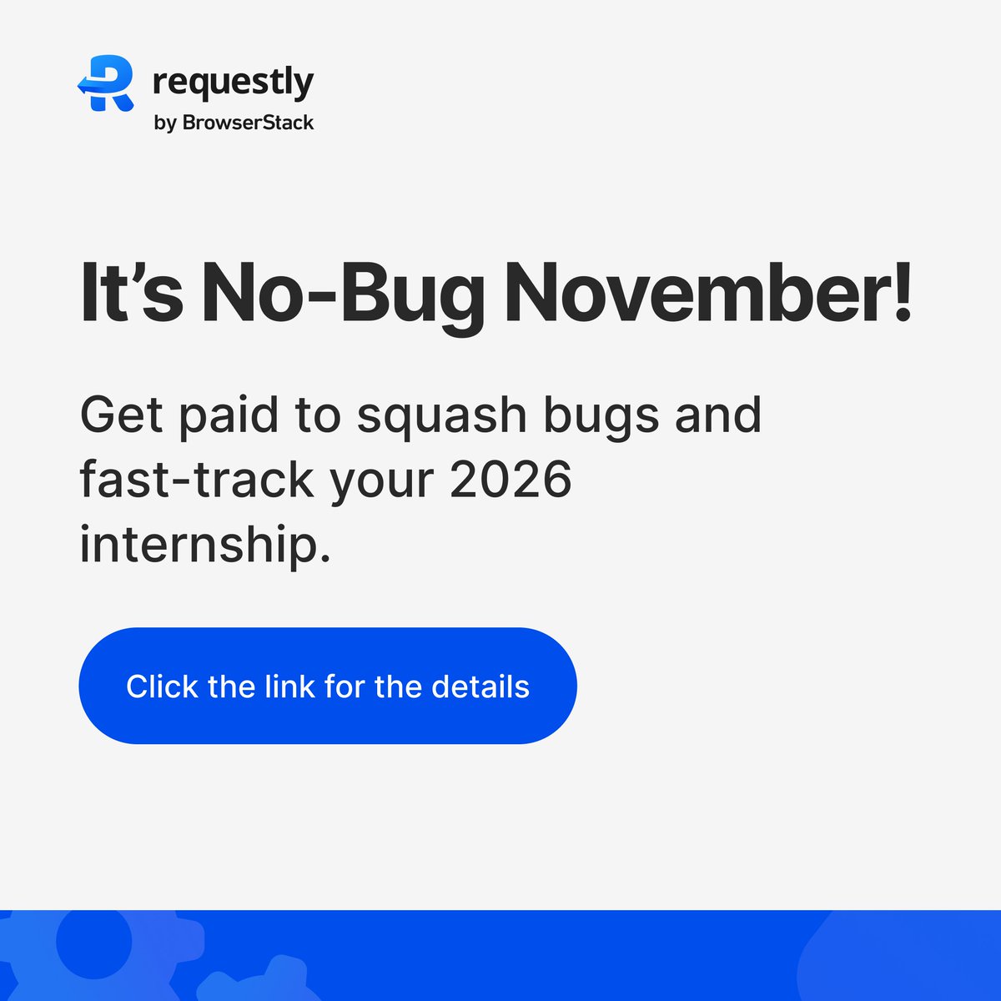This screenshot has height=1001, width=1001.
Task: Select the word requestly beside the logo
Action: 234,83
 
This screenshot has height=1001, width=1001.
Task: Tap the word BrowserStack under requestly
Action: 248,123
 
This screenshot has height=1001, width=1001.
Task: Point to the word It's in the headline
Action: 131,294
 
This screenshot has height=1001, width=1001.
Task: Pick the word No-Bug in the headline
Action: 343,294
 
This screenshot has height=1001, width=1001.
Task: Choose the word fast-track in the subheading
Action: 197,480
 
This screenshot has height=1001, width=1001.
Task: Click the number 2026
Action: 511,480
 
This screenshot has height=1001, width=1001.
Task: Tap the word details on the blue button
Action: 480,687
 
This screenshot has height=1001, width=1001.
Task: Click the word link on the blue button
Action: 289,687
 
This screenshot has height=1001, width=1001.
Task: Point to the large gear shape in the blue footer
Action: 92,943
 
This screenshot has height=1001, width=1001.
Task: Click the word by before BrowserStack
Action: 164,123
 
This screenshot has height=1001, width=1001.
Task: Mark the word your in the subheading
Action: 383,481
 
